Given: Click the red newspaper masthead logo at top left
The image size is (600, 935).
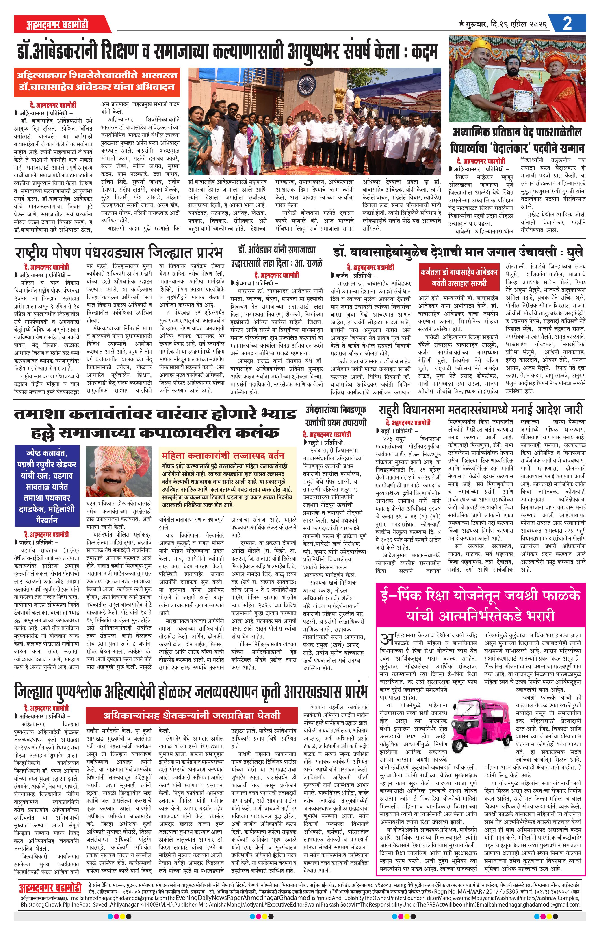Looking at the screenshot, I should click(58, 24).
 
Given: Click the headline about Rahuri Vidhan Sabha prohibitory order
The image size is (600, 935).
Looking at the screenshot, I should click(480, 410).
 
